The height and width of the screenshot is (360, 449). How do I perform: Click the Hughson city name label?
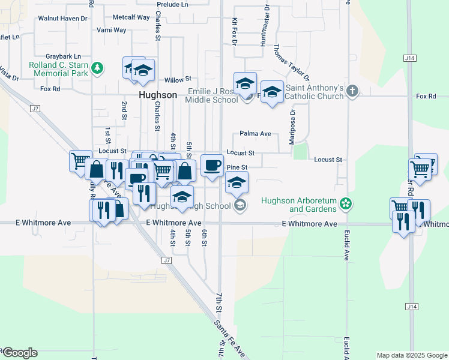pos(158,95)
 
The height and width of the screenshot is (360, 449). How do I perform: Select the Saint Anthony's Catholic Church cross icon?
pos(352,92)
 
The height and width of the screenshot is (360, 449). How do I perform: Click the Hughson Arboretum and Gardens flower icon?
pos(345,204)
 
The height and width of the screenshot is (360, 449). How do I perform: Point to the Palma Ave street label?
pos(255,133)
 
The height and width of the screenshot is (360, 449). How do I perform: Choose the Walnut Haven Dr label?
pos(62,19)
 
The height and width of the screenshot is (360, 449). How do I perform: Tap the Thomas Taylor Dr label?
pos(292,62)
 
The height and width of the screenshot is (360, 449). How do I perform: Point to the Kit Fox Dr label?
pos(234,31)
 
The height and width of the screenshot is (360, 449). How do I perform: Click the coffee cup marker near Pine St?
pos(211,166)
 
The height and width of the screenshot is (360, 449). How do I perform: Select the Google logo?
pos(19,353)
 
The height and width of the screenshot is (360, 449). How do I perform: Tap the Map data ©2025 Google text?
pos(411,355)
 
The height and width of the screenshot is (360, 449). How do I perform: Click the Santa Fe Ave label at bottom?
pos(231,339)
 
